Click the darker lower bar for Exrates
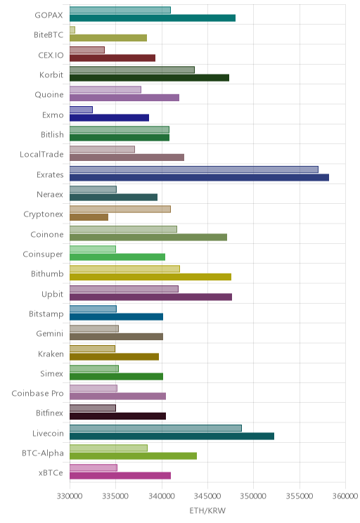[199, 177]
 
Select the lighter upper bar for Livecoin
[155, 428]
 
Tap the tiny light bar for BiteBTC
[72, 30]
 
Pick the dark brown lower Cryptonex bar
[89, 217]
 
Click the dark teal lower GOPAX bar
[153, 18]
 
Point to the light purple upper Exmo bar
[81, 110]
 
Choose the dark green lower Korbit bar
[150, 78]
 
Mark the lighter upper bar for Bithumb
[124, 269]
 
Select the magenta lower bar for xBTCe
[120, 476]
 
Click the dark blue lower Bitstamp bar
[117, 317]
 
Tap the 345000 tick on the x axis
[207, 496]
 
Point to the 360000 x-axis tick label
[345, 496]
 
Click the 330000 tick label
[70, 496]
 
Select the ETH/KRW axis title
[207, 510]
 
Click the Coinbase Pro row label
[37, 394]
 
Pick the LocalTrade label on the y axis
[41, 155]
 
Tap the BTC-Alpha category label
[43, 453]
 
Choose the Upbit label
[52, 294]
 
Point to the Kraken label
[51, 354]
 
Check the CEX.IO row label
[51, 56]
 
